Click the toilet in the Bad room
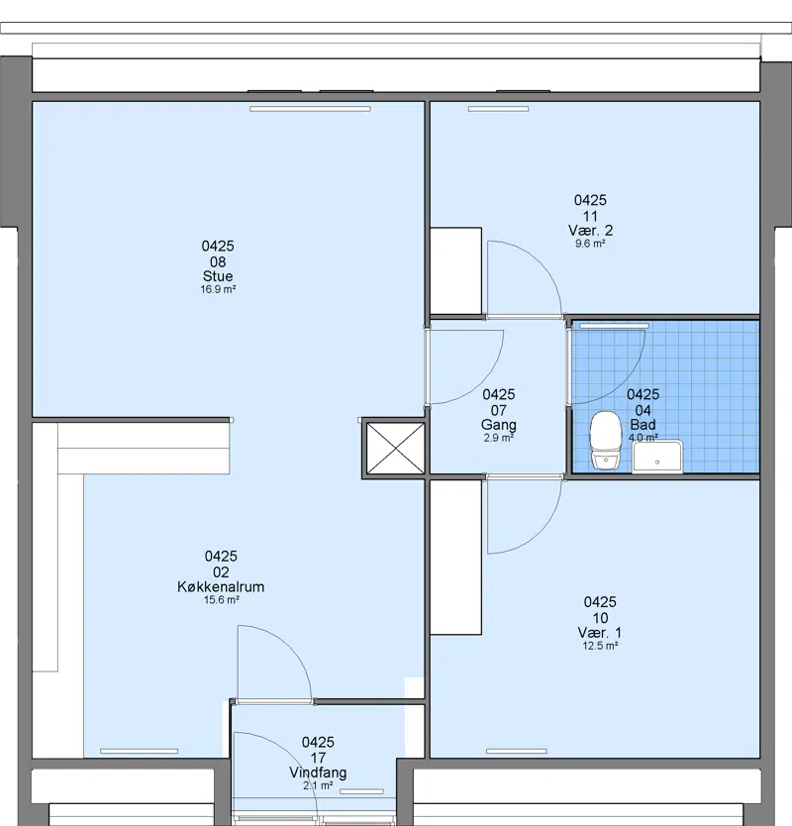606,441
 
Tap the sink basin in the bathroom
657,457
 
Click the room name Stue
218,276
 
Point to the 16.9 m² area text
218,289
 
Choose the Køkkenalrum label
221,587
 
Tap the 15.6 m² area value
221,599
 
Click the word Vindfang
318,773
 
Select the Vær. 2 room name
590,230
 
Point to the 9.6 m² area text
590,244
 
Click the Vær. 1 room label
600,633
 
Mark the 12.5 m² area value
600,646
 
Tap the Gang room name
499,425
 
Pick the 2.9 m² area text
499,438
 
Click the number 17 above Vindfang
318,758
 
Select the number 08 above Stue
218,261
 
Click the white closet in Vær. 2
456,271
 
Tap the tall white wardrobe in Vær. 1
456,558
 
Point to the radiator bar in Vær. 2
499,109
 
